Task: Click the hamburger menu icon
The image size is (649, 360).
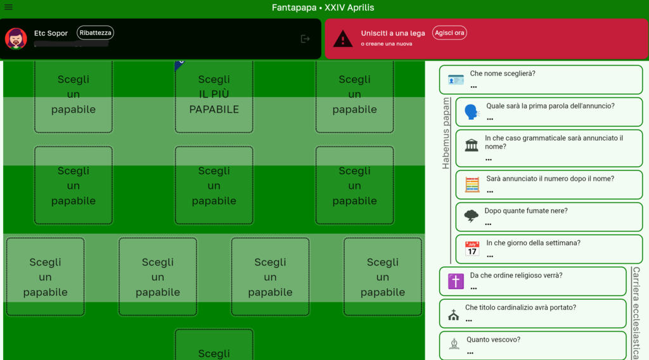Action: point(8,7)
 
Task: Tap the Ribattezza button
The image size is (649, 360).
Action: point(95,33)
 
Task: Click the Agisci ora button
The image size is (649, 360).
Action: point(449,33)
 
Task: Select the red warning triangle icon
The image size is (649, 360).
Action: point(343,39)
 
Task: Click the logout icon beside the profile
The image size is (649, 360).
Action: point(305,39)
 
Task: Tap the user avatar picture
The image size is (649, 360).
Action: point(16,39)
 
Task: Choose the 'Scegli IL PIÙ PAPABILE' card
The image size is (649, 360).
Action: point(214,94)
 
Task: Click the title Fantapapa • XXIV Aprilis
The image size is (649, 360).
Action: point(323,8)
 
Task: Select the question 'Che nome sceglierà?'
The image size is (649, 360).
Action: point(502,74)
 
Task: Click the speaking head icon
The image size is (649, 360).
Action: point(472,112)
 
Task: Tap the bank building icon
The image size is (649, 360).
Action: point(472,146)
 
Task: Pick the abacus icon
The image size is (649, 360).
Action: point(472,184)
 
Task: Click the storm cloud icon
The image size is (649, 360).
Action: point(472,216)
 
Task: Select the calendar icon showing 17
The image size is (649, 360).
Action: point(472,248)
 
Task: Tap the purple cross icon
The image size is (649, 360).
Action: point(456,281)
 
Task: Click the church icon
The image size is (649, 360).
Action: point(453,315)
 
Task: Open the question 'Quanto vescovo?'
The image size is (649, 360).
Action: point(493,340)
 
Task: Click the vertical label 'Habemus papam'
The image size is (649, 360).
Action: point(446,133)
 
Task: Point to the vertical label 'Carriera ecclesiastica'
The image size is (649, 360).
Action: point(636,313)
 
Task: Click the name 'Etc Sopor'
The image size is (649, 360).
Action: point(51,34)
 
